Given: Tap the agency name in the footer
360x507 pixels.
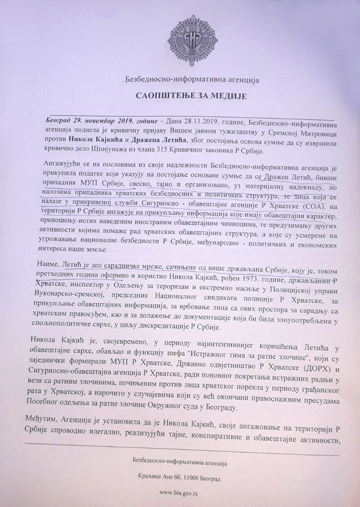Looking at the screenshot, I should tap(179, 463).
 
